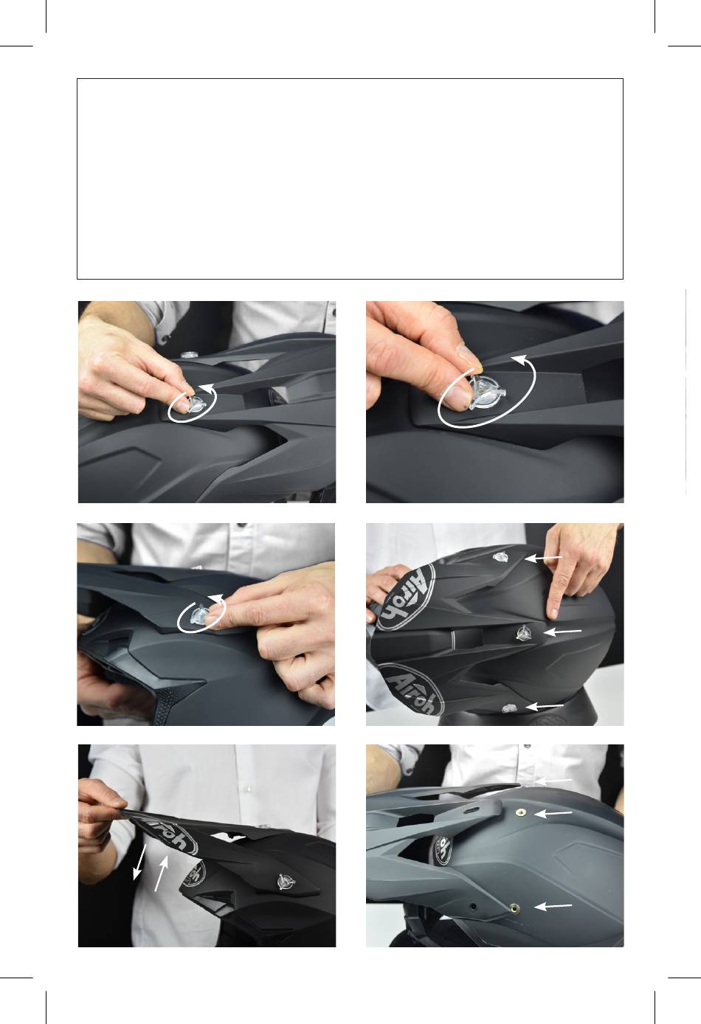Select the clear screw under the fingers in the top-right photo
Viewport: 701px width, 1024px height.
pyautogui.click(x=486, y=393)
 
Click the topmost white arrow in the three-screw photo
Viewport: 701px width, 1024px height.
pyautogui.click(x=543, y=558)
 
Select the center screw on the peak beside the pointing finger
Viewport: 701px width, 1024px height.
pyautogui.click(x=523, y=633)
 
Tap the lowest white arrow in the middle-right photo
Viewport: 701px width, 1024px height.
pyautogui.click(x=544, y=706)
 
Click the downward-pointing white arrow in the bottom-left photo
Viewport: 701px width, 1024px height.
pyautogui.click(x=139, y=862)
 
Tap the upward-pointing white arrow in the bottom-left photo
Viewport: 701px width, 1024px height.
pyautogui.click(x=162, y=873)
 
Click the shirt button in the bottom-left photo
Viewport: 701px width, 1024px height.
pyautogui.click(x=247, y=789)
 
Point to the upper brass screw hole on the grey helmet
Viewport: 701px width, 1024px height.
pyautogui.click(x=520, y=812)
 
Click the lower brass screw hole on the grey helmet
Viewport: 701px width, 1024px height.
pyautogui.click(x=514, y=907)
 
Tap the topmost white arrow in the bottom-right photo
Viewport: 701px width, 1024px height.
pyautogui.click(x=553, y=781)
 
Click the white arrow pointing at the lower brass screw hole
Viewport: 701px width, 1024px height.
pyautogui.click(x=553, y=906)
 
